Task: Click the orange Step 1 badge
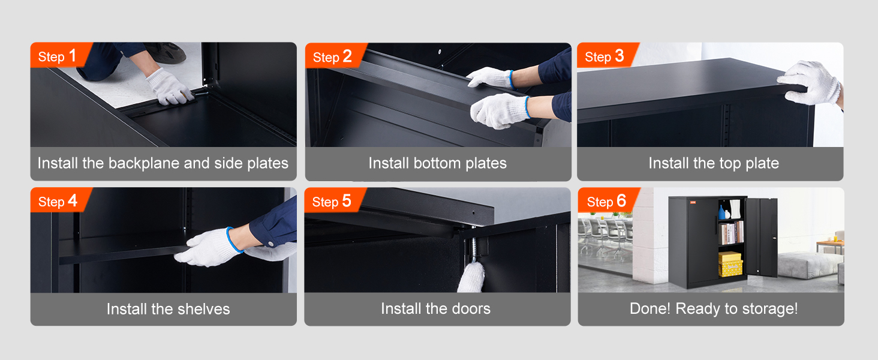click(x=59, y=55)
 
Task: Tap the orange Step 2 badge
click(x=334, y=56)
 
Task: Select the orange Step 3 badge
click(x=606, y=55)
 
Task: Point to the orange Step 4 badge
click(x=59, y=200)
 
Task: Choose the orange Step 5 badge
click(x=333, y=200)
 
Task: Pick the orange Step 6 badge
click(x=607, y=200)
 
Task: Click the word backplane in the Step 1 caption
click(x=143, y=164)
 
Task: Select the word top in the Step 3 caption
click(x=717, y=164)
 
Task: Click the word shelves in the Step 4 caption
click(x=204, y=309)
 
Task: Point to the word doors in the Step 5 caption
click(x=471, y=308)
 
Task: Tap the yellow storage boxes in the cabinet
click(x=730, y=265)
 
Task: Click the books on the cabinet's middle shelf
click(x=732, y=233)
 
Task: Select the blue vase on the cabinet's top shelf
click(x=722, y=212)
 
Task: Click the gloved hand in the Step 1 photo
click(x=170, y=87)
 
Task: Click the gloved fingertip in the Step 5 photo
click(x=473, y=277)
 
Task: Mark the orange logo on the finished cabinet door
click(x=693, y=202)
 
